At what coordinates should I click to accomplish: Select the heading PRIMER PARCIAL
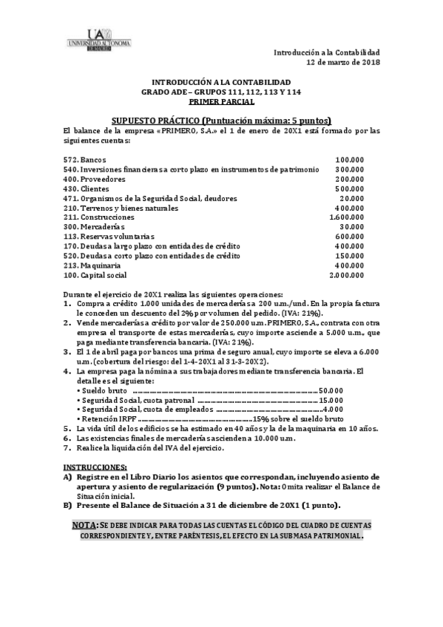coord(221,101)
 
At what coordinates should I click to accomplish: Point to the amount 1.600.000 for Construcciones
coord(346,217)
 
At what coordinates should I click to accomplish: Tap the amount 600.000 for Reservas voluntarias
coord(349,237)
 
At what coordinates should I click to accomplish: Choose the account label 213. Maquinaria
coord(91,265)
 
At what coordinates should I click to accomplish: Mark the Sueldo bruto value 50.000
coord(331,390)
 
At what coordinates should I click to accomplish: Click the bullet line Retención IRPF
coord(107,418)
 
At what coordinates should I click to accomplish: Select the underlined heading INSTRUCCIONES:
coord(94,467)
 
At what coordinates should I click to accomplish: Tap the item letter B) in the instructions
coord(67,506)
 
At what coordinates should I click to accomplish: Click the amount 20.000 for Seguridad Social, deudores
coord(351,198)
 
